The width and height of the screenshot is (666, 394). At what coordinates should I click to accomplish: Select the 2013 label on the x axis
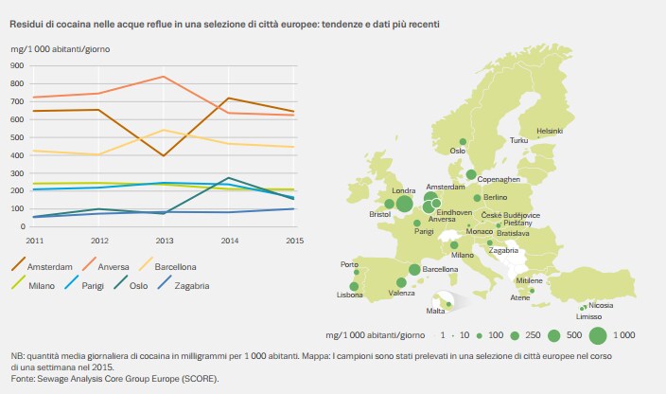tap(165, 242)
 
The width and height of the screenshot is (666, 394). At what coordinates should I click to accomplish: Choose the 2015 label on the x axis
tap(292, 242)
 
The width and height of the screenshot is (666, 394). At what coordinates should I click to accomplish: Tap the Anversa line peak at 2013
tap(165, 77)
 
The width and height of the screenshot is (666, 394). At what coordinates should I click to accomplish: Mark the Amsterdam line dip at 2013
tap(165, 155)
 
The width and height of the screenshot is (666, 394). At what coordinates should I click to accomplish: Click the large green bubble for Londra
tap(404, 203)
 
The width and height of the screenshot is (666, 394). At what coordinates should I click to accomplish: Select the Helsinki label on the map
tap(550, 131)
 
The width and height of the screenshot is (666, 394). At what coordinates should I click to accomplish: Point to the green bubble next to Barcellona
tap(414, 270)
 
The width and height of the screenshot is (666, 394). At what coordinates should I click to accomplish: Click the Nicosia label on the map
tap(600, 306)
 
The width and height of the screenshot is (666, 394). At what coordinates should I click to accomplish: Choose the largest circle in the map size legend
tap(598, 335)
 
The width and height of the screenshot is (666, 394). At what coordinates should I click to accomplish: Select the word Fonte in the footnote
tap(24, 379)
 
